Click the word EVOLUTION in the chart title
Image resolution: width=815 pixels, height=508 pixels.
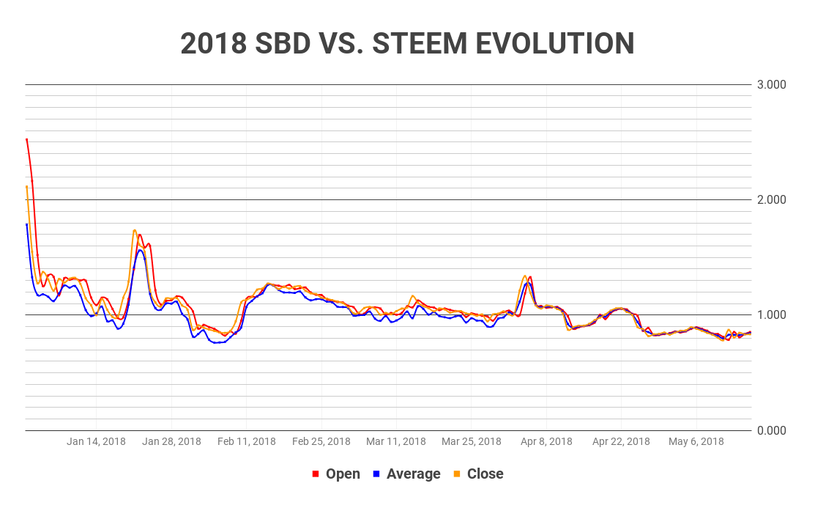(554, 44)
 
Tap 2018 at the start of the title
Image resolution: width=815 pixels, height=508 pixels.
(213, 44)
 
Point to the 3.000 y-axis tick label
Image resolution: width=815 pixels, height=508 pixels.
(771, 85)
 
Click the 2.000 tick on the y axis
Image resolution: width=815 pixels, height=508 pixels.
(771, 200)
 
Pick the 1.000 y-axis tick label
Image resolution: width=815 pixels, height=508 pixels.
(771, 315)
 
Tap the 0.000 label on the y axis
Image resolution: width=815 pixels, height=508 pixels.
(771, 430)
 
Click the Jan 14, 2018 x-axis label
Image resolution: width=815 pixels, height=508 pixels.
(96, 441)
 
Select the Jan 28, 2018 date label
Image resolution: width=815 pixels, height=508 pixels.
(171, 441)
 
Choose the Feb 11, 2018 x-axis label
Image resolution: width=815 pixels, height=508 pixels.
(247, 441)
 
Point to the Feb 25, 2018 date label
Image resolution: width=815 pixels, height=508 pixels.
(321, 441)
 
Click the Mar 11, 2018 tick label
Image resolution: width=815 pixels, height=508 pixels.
(396, 441)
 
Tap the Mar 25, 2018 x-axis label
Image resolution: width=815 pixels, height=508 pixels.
(472, 441)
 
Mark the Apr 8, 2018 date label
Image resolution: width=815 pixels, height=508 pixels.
(546, 441)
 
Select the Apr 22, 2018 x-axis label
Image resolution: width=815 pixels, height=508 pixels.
(621, 441)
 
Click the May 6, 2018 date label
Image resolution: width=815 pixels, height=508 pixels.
(696, 441)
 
